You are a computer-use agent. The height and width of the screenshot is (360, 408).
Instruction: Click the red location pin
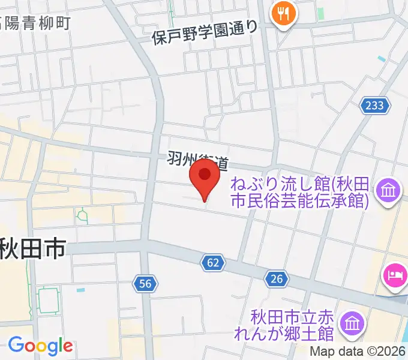pyautogui.click(x=205, y=179)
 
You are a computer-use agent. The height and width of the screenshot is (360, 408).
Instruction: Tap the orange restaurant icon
pyautogui.click(x=280, y=13)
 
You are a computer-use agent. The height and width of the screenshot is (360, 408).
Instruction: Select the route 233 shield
pyautogui.click(x=373, y=106)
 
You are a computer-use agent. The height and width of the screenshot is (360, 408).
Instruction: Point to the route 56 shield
pyautogui.click(x=145, y=284)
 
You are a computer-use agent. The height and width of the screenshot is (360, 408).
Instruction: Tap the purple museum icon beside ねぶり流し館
pyautogui.click(x=388, y=192)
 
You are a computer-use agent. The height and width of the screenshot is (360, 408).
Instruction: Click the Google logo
pyautogui.click(x=40, y=346)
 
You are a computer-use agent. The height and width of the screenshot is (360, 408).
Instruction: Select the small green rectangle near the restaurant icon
pyautogui.click(x=320, y=13)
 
